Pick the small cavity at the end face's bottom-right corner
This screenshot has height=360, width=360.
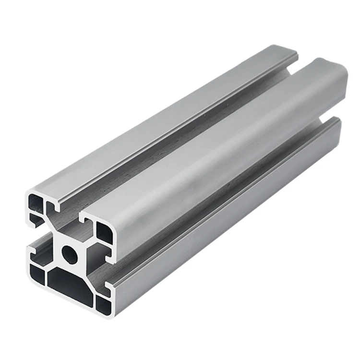pos(104,303)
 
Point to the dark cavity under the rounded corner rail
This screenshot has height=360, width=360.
pos(104,232)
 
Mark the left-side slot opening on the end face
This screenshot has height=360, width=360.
pos(33,238)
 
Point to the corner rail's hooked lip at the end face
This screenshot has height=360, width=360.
pos(86,221)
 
